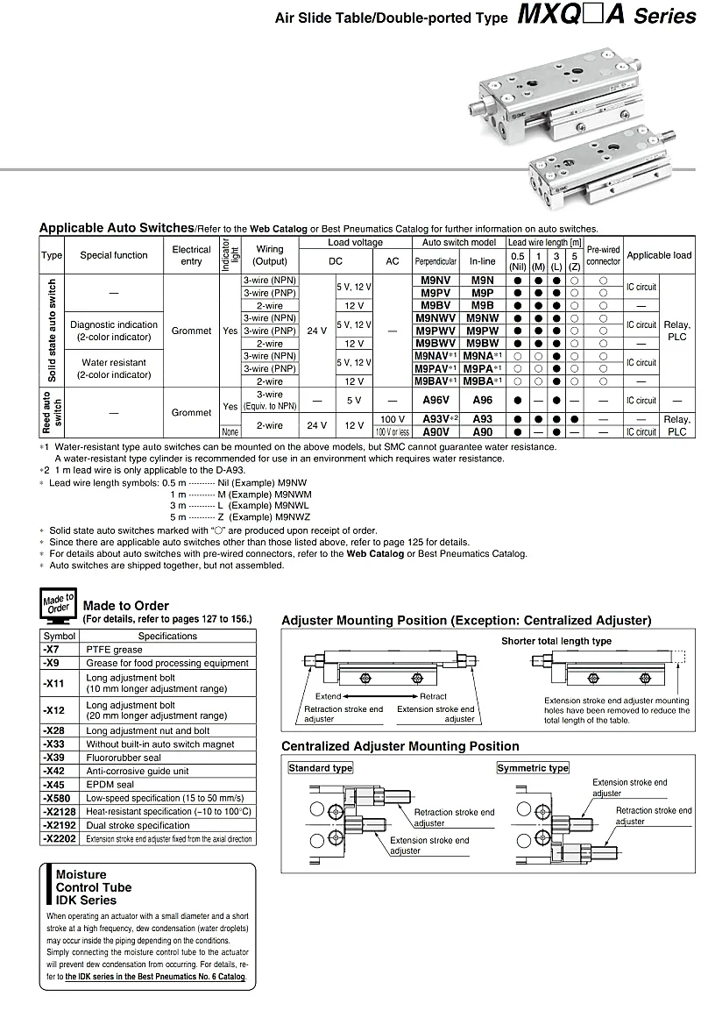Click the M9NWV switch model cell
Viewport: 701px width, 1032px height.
point(435,317)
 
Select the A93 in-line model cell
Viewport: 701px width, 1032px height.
point(482,419)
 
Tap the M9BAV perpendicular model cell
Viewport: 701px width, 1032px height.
point(435,381)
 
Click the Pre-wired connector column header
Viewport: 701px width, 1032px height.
point(603,255)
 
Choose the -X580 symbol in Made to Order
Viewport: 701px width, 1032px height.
point(59,798)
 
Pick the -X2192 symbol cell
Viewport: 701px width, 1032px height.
point(60,825)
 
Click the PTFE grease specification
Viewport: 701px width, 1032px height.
point(114,650)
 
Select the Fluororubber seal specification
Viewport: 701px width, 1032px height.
point(124,758)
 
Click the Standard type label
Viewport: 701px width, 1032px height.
point(321,768)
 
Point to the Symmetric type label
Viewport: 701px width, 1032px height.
point(533,768)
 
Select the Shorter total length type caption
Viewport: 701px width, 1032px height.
point(556,641)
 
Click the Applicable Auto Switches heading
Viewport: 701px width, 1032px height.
point(117,227)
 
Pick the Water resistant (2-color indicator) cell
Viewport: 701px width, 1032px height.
point(114,368)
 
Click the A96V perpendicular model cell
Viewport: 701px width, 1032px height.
point(435,400)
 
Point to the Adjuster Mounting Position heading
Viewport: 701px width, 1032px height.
point(466,621)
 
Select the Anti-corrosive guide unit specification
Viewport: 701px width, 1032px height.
point(137,771)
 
